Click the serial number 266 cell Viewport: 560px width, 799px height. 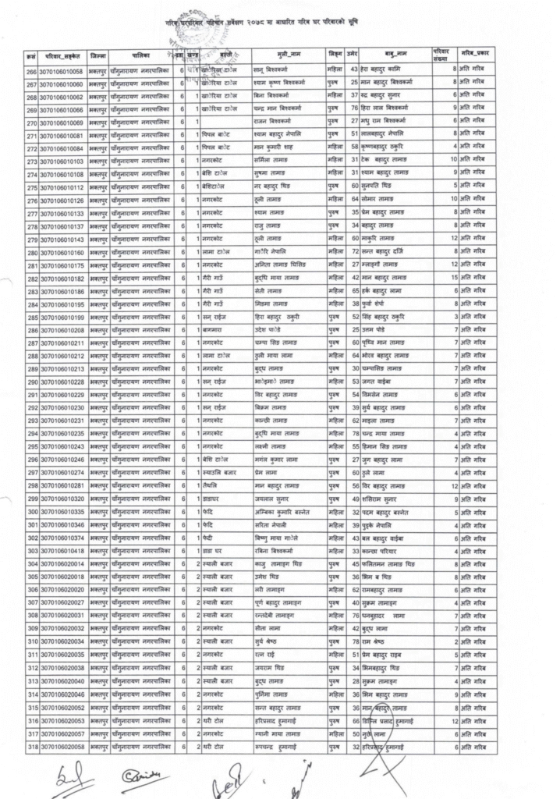pos(31,71)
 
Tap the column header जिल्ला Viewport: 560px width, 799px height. pos(97,56)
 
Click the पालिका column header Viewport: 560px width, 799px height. pos(141,56)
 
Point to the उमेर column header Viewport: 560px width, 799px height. pos(353,56)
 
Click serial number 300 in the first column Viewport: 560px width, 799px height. pos(31,513)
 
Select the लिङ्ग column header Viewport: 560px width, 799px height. pos(335,56)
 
